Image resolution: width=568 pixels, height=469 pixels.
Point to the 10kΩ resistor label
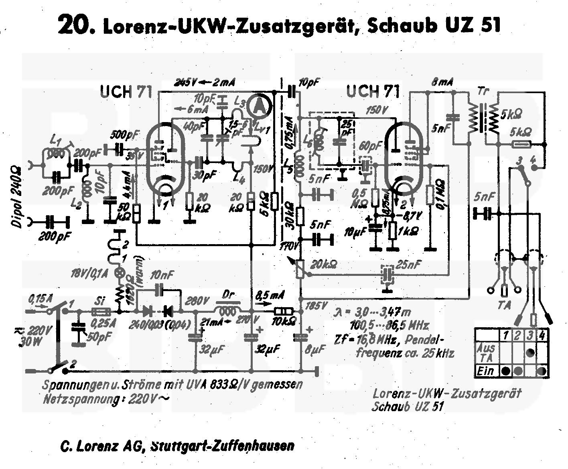(284, 322)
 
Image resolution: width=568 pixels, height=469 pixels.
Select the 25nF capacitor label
(408, 265)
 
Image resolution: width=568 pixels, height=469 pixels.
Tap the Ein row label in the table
(485, 371)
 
